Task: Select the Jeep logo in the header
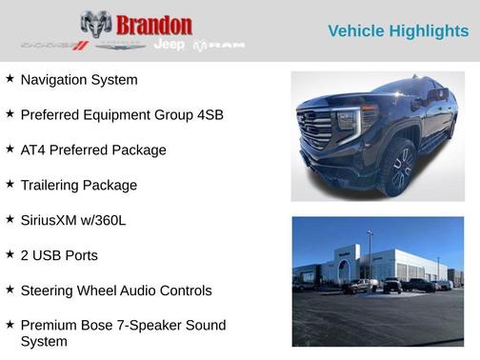(x=170, y=45)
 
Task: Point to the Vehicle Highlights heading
(x=398, y=31)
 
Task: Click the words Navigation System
(x=79, y=80)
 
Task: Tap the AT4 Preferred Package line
(x=93, y=150)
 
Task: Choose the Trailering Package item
(x=79, y=185)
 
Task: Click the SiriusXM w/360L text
(x=73, y=220)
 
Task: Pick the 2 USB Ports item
(x=59, y=255)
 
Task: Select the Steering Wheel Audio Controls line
(x=116, y=290)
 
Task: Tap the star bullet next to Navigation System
(x=10, y=79)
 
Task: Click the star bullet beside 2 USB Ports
(x=10, y=254)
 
